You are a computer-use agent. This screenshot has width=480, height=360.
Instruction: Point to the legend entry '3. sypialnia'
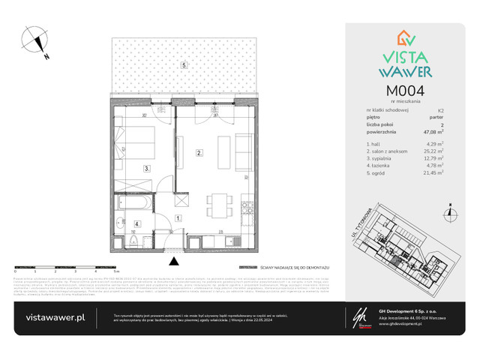click(380, 157)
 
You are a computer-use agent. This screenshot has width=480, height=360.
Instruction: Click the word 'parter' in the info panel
click(436, 116)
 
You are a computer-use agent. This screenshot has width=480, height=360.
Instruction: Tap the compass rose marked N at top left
click(34, 40)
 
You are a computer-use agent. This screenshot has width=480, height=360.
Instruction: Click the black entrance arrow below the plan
click(175, 261)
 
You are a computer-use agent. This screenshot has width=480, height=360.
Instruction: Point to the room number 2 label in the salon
click(199, 153)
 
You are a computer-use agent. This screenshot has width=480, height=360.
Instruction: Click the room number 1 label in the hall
click(178, 218)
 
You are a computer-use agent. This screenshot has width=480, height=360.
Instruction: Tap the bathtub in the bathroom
click(135, 202)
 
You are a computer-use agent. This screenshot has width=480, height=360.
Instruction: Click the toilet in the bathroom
click(121, 221)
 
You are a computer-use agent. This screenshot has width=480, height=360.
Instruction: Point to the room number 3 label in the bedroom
click(148, 169)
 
